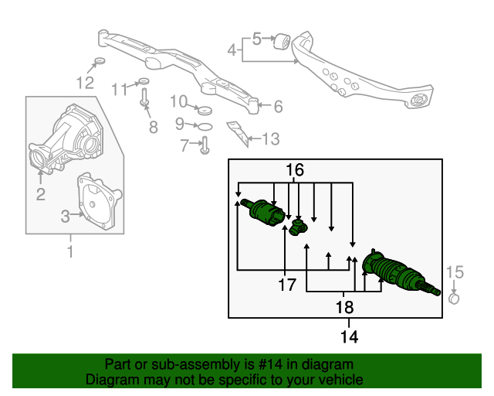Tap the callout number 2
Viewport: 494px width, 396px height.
tap(40, 194)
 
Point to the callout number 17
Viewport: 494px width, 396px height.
tap(287, 285)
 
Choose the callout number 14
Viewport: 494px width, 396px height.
tap(349, 337)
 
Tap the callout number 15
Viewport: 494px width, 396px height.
tap(455, 271)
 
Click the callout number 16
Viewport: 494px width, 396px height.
tap(295, 169)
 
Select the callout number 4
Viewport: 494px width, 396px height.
tap(232, 50)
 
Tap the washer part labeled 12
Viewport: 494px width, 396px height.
tap(99, 62)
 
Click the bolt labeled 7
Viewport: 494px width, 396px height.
tap(204, 145)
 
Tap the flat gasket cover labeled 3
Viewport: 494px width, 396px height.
tap(98, 203)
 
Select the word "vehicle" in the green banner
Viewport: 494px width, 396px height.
tap(340, 380)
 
